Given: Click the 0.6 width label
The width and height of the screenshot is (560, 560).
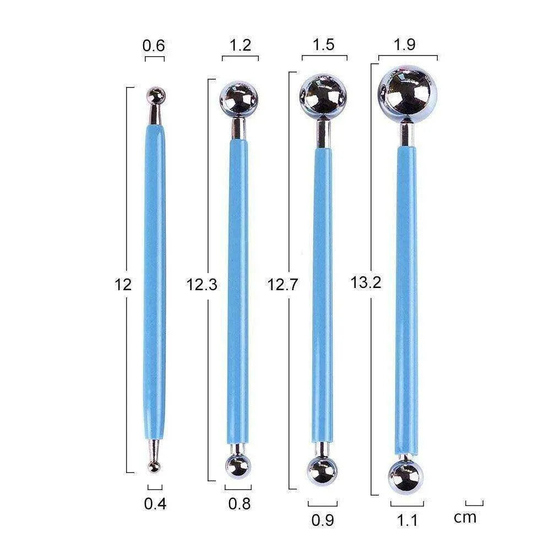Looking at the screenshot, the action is tap(154, 46).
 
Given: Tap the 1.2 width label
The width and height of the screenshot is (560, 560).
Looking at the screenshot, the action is tap(240, 45).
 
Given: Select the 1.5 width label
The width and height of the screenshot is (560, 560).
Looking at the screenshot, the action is tap(324, 45).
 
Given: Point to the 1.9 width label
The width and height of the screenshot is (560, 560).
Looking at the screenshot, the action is tap(404, 45).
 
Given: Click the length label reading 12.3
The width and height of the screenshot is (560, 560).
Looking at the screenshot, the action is tap(202, 285).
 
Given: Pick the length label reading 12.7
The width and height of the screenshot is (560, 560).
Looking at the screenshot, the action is tap(282, 285).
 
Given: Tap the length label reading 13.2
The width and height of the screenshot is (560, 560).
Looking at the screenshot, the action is tap(366, 282).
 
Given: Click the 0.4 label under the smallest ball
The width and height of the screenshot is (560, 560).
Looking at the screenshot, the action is tap(155, 504).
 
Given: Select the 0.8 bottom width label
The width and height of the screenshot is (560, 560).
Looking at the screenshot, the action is tap(240, 504).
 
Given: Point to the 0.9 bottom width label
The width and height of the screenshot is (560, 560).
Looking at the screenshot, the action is tap(323, 520).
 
